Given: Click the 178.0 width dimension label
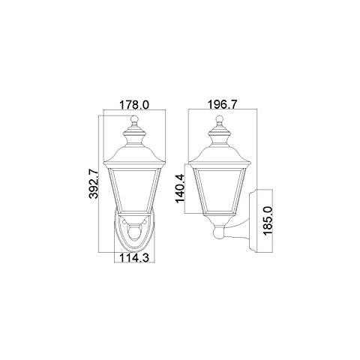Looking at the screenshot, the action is [134, 105].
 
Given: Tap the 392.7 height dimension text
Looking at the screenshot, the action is [94, 184].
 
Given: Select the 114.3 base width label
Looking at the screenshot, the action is [134, 258].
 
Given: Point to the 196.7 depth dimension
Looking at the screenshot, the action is [223, 104].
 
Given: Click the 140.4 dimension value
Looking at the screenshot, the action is [180, 188].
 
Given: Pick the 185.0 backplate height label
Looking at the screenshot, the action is [268, 220].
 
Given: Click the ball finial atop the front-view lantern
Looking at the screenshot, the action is [134, 118].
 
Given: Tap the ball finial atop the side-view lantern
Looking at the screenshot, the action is [220, 118].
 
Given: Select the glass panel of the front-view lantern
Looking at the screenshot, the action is [134, 190].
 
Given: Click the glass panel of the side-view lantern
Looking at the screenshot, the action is [220, 189].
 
